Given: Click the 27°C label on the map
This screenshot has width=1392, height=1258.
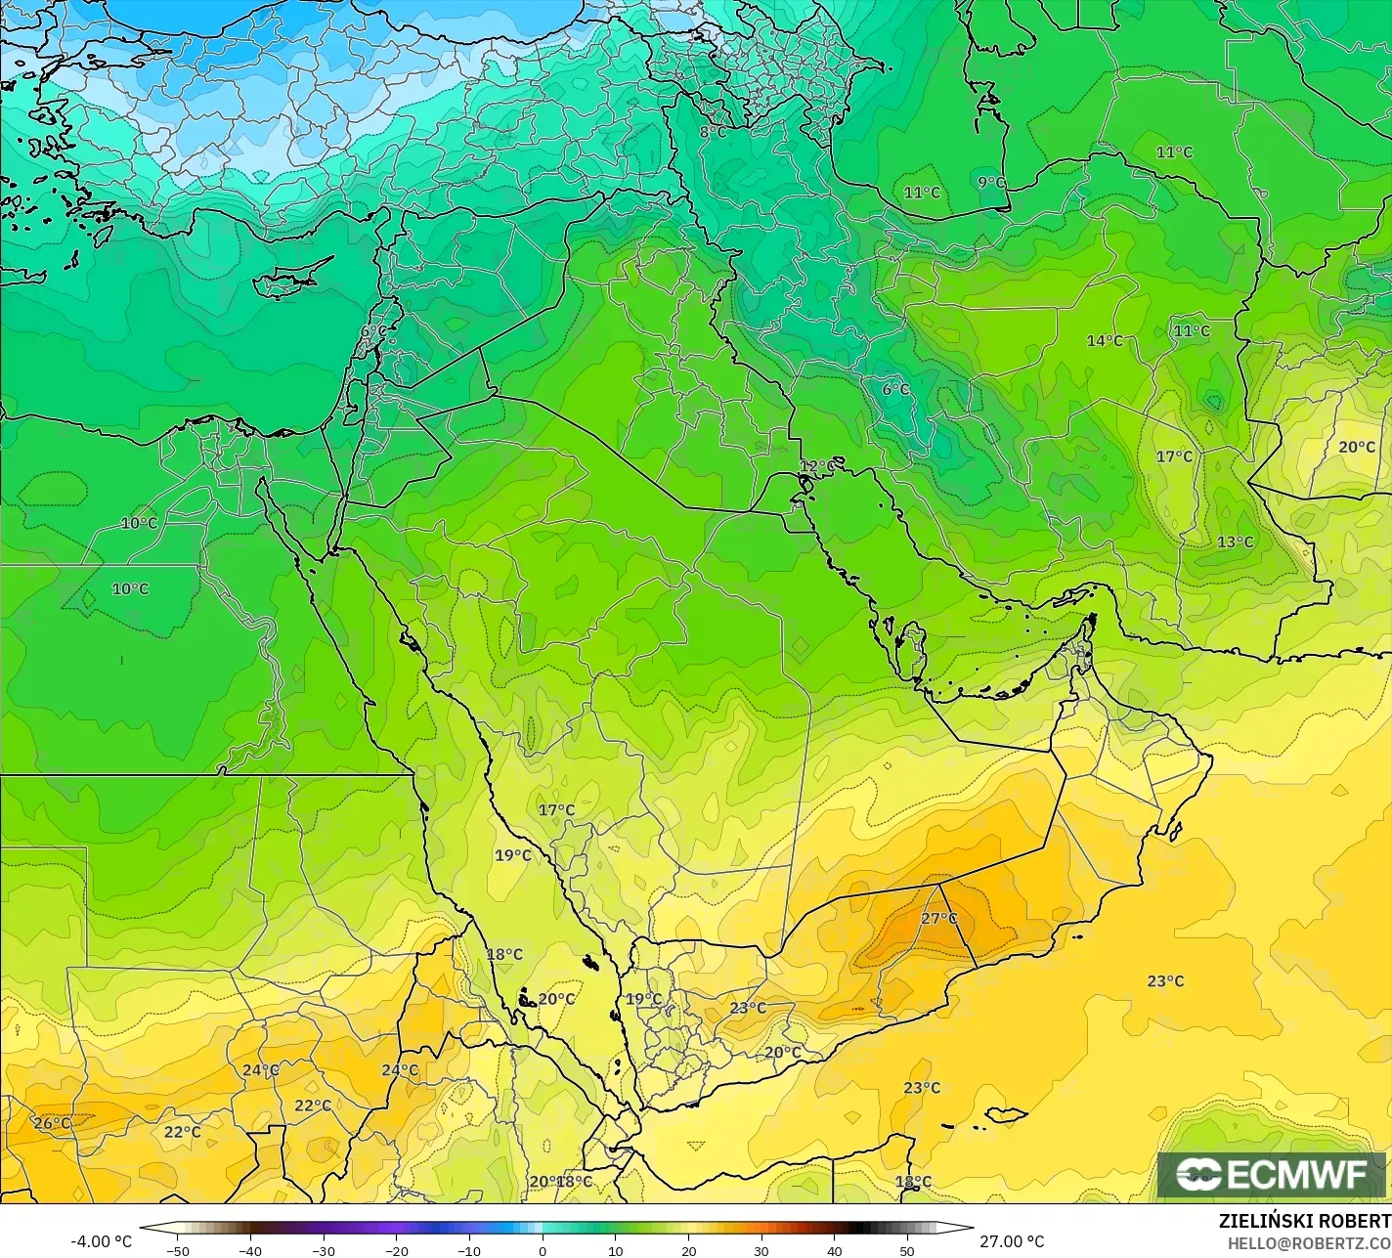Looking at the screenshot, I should pyautogui.click(x=938, y=919).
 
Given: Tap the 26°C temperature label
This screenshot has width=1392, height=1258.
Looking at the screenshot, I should pyautogui.click(x=52, y=1123).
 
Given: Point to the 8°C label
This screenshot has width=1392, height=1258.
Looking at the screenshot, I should pyautogui.click(x=712, y=132).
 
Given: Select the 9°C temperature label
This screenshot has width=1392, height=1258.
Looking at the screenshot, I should pyautogui.click(x=990, y=182).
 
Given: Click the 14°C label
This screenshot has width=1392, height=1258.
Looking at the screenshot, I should pyautogui.click(x=1105, y=341).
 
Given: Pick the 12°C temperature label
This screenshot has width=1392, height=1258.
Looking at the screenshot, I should pyautogui.click(x=817, y=465).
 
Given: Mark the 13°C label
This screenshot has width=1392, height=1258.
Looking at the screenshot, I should pyautogui.click(x=1235, y=542).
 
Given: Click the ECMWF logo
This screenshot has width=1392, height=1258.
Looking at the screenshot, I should pyautogui.click(x=1272, y=1175).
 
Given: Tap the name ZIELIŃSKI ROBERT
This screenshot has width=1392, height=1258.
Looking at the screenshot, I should pyautogui.click(x=1304, y=1221).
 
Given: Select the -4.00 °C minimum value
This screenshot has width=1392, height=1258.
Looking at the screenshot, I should pyautogui.click(x=101, y=1241).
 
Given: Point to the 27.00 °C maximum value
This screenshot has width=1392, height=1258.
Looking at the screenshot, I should pyautogui.click(x=1013, y=1241).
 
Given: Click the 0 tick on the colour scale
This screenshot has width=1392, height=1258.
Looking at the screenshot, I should pyautogui.click(x=543, y=1250).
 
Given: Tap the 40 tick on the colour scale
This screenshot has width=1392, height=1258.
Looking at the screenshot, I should pyautogui.click(x=834, y=1250).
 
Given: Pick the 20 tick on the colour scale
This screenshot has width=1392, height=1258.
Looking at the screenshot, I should pyautogui.click(x=688, y=1250).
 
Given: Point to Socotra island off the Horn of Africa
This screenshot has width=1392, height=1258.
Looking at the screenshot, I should pyautogui.click(x=1006, y=1114).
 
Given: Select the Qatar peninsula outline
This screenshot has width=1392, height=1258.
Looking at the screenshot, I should pyautogui.click(x=915, y=650).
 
